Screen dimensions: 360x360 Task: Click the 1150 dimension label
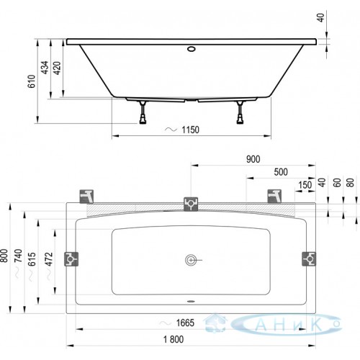tap(190, 130)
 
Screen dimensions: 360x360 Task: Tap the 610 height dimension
tap(32, 81)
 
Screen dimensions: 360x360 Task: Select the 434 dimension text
tap(45, 68)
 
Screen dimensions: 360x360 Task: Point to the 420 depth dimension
tap(57, 68)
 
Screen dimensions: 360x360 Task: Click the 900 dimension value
tap(253, 159)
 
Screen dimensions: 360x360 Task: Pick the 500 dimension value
tap(281, 172)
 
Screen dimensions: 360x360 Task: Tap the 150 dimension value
tap(305, 185)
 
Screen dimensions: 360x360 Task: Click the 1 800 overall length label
tap(174, 339)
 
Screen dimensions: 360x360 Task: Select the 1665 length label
tap(185, 323)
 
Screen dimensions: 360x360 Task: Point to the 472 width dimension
tap(49, 259)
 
